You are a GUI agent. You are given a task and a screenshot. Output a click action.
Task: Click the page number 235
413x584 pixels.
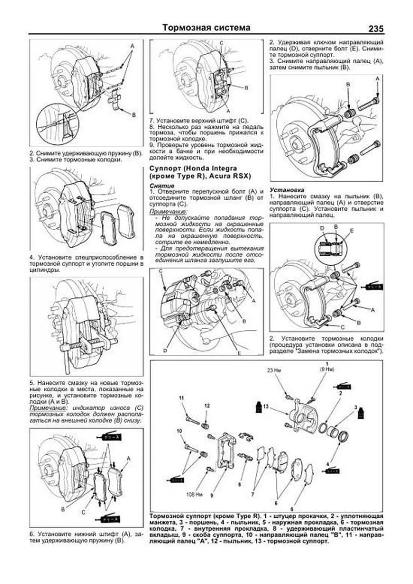click(x=375, y=29)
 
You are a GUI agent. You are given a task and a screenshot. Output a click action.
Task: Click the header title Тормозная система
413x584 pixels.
click(x=206, y=28)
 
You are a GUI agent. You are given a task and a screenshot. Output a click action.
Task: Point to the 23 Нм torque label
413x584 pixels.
click(x=274, y=371)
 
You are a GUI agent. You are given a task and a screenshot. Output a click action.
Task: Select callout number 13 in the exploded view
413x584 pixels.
click(x=265, y=406)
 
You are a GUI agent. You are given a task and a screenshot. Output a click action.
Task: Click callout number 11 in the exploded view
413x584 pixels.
click(x=181, y=398)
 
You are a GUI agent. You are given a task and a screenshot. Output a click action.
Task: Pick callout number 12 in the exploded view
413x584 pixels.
click(x=207, y=406)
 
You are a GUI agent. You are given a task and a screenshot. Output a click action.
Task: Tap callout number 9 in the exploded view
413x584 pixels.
click(x=212, y=495)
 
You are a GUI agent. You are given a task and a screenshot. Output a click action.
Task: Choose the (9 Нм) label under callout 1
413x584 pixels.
click(x=327, y=369)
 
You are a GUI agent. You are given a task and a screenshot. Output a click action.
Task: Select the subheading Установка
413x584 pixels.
click(x=287, y=190)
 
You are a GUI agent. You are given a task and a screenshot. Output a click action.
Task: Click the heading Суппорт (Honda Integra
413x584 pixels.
click(x=193, y=169)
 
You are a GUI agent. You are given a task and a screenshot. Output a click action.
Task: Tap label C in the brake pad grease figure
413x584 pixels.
click(x=83, y=512)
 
